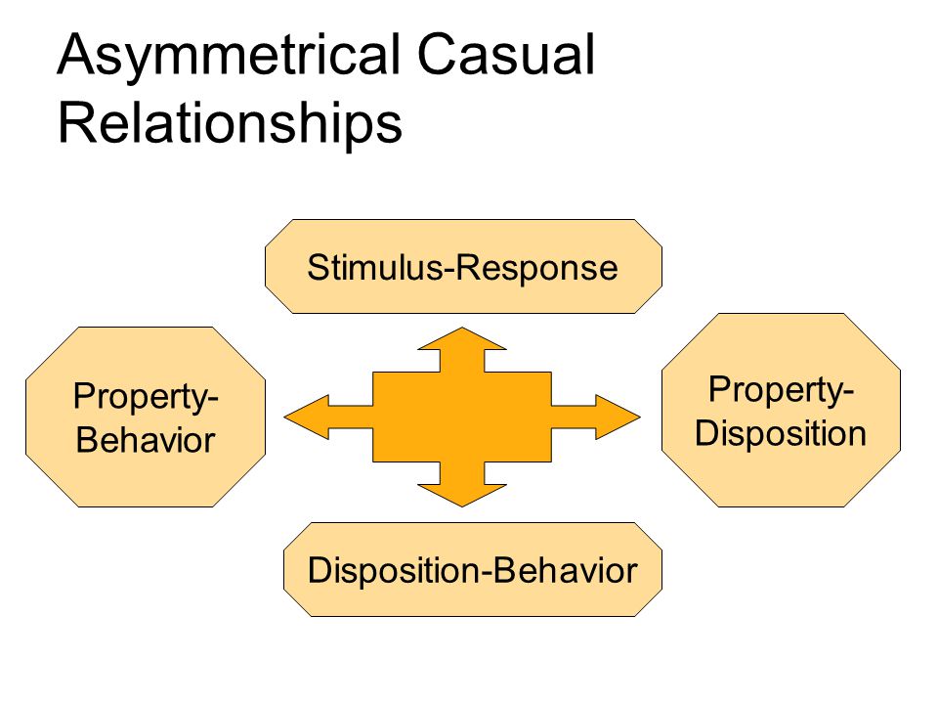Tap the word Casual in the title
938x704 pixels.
(x=505, y=54)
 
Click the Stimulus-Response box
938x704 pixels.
(x=463, y=266)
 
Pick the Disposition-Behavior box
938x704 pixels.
(x=473, y=569)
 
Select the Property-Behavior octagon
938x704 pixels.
(x=146, y=418)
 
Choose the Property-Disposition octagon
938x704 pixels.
(x=781, y=410)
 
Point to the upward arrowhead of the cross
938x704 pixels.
(x=462, y=339)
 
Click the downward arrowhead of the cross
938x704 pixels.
(x=462, y=495)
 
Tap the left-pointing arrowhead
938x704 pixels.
(x=306, y=418)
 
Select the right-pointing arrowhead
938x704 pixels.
(x=618, y=418)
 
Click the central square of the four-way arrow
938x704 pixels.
(x=462, y=418)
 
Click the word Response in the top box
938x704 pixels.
(x=536, y=268)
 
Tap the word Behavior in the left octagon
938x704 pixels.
(x=146, y=440)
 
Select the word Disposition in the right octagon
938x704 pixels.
(x=781, y=433)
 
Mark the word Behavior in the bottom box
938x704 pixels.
(x=566, y=570)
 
